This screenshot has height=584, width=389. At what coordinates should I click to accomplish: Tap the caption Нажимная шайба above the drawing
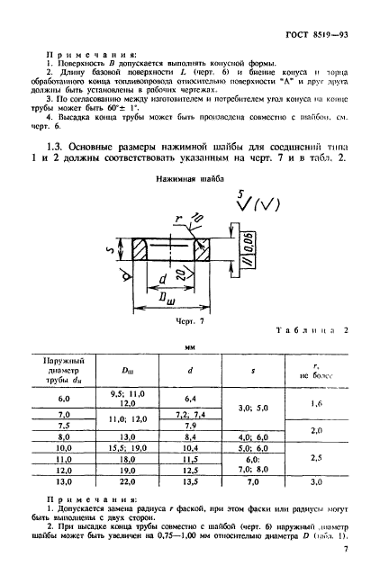pyautogui.click(x=167, y=202)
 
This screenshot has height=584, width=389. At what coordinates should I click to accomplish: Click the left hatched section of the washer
pyautogui.click(x=141, y=249)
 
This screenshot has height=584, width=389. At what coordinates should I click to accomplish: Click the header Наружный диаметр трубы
pyautogui.click(x=64, y=369)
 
